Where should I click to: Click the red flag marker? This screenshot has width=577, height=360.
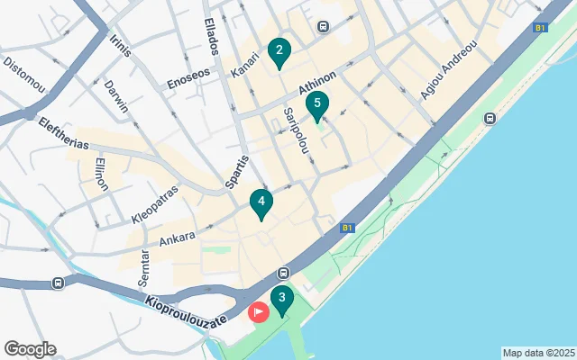click(x=258, y=312)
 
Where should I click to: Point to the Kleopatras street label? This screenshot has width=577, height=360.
click(x=155, y=204)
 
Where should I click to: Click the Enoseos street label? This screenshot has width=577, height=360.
click(x=188, y=79)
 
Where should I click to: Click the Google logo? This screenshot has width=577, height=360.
click(x=30, y=349)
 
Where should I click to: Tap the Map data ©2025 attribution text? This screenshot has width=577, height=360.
click(x=538, y=353)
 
